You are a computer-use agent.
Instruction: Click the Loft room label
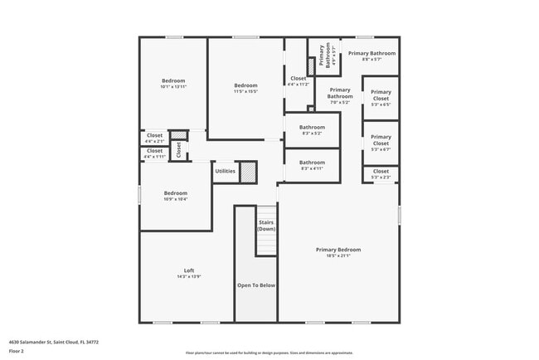point(189,270)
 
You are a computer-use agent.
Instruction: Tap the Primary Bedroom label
point(338,249)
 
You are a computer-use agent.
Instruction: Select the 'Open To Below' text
point(256,285)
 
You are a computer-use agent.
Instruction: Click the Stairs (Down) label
point(266,225)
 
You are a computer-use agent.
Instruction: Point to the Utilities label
point(226,172)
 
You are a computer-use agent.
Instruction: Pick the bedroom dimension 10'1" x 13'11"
point(173,86)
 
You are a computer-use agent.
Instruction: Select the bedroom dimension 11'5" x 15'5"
point(245,90)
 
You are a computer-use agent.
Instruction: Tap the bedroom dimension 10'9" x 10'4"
point(176,199)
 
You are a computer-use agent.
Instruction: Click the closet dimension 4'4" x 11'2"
point(299,84)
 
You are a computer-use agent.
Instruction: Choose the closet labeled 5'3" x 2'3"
point(381,177)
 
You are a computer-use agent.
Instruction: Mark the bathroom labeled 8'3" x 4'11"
point(312,168)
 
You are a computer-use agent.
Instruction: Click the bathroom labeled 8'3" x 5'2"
point(312,134)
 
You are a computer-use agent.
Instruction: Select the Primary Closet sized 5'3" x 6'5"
point(381,105)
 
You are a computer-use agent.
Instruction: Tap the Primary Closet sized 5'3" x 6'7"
point(381,149)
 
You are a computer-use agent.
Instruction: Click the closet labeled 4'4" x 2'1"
point(155,141)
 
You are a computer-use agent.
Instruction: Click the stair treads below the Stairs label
point(266,244)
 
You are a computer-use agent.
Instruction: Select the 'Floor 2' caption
point(16,351)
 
